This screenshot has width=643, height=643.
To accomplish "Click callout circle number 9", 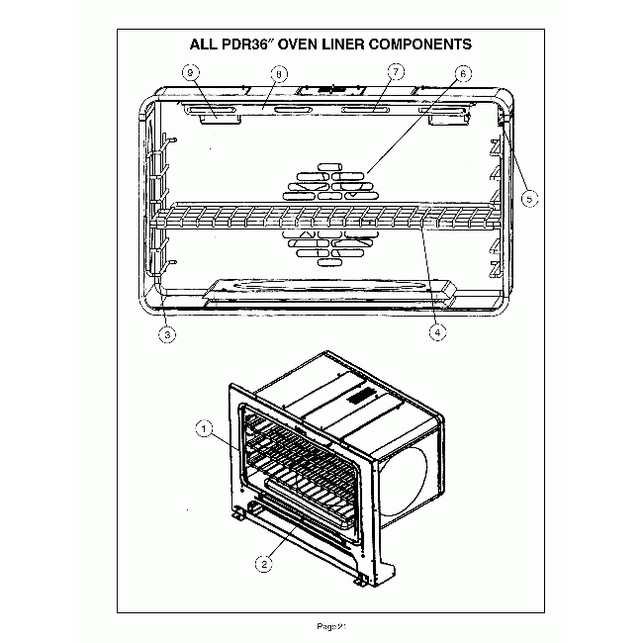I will [192, 72].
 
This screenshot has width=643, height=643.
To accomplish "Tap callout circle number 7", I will [396, 72].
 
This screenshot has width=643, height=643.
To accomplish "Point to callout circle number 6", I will [463, 73].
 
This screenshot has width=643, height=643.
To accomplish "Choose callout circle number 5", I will [530, 198].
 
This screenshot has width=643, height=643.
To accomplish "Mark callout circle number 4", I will [435, 333].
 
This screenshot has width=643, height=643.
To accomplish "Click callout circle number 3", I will [168, 334].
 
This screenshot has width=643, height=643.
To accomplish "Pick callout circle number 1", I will [203, 429].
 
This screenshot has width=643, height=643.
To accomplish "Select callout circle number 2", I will [264, 565].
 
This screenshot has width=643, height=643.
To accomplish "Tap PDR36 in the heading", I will [237, 45].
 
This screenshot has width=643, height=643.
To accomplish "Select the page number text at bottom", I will [329, 625].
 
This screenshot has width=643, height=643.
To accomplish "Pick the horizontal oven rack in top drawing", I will [326, 215].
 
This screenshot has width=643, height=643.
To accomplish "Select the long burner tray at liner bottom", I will [326, 287].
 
